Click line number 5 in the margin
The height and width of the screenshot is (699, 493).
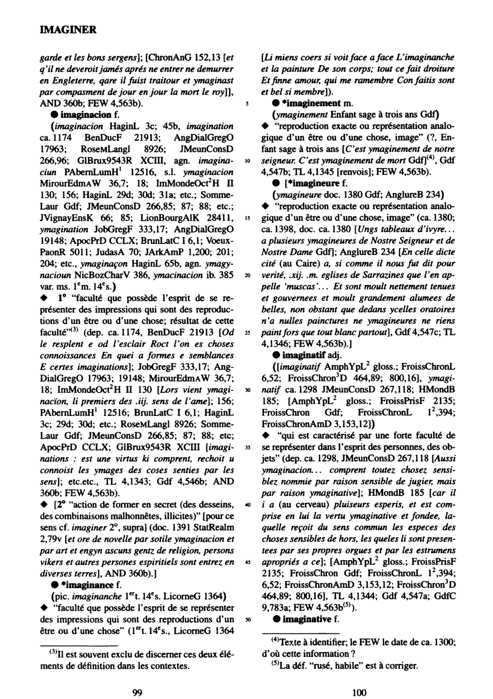coord(248,104)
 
